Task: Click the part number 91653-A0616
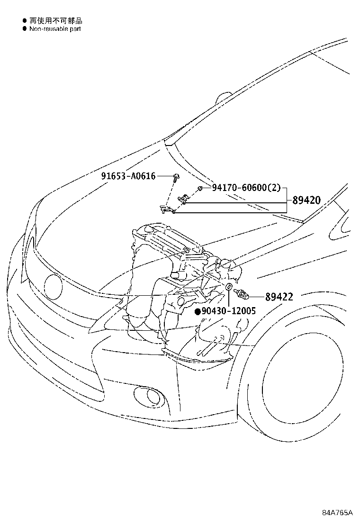[x=128, y=176]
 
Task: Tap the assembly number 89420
[x=306, y=200]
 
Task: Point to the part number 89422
[x=279, y=297]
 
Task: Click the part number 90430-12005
[x=228, y=311]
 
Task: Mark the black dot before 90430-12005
[x=198, y=311]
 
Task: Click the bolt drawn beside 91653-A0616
[x=176, y=178]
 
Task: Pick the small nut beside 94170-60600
[x=200, y=189]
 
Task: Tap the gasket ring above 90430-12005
[x=229, y=287]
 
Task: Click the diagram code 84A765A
[x=338, y=513]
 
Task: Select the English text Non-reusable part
[x=55, y=29]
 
